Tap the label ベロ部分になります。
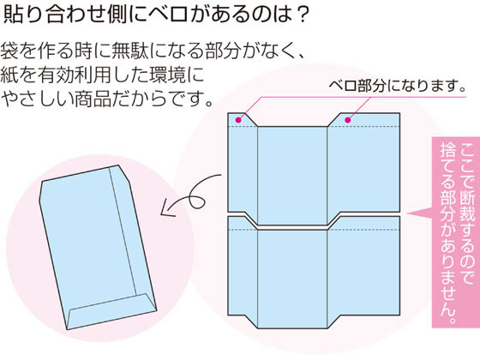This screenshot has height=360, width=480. coord(398,86)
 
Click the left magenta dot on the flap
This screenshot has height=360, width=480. coord(238,120)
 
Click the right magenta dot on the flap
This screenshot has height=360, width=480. coord(348,120)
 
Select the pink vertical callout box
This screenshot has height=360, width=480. coord(455,232)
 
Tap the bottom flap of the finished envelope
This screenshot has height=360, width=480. coord(111,311)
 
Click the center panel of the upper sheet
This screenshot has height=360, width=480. coord(292,176)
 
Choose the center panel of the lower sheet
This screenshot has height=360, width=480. coord(292,279)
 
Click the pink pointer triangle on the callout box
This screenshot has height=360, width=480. coord(420,213)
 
